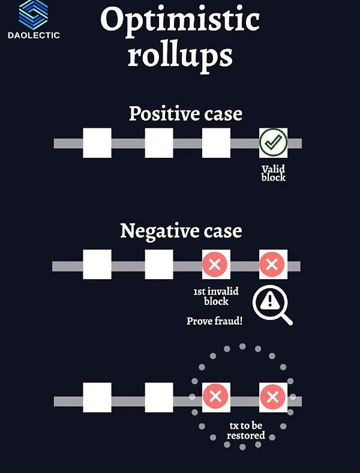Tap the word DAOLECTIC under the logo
click(x=34, y=35)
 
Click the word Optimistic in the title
click(x=179, y=20)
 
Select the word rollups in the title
click(x=179, y=55)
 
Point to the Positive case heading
click(x=185, y=113)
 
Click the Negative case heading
click(x=181, y=230)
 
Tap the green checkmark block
click(x=273, y=143)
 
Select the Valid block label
click(x=274, y=173)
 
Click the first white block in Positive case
click(x=97, y=143)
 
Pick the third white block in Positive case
click(x=216, y=143)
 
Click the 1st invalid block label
click(x=216, y=296)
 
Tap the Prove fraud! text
click(x=214, y=321)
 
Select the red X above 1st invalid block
click(x=216, y=265)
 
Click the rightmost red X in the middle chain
click(x=273, y=265)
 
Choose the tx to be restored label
click(x=246, y=430)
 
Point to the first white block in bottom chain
click(x=97, y=397)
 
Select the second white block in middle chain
click(x=159, y=265)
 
